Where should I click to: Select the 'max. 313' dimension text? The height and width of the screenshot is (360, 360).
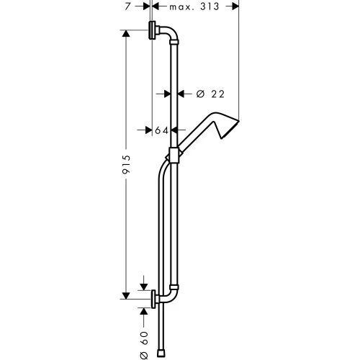(195, 6)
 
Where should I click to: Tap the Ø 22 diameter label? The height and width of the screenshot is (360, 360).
(204, 93)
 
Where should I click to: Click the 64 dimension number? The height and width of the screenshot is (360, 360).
(161, 130)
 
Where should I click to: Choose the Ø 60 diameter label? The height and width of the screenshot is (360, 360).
(144, 341)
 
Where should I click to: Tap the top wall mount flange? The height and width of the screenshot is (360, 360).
(154, 32)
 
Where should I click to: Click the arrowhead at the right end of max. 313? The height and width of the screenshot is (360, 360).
(235, 6)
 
